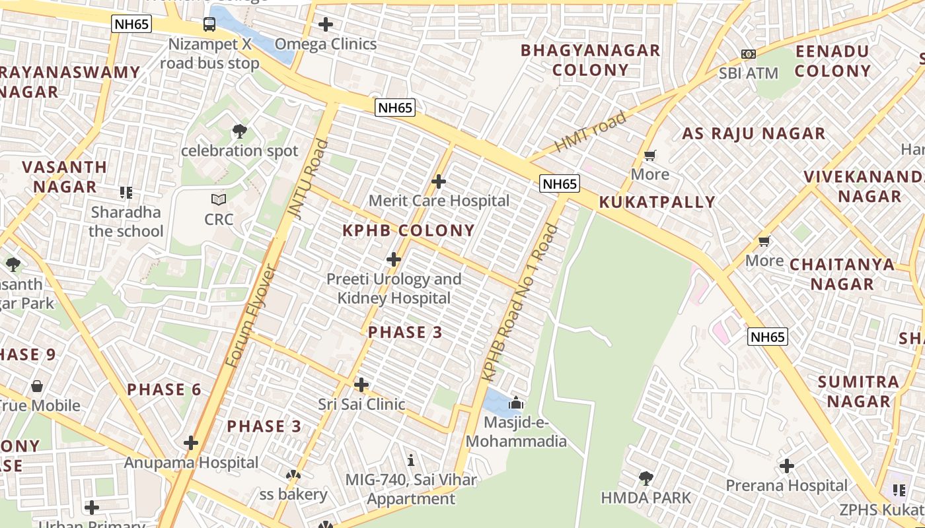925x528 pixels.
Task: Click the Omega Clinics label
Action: [x=325, y=44]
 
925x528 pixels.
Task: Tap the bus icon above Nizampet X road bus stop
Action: [x=209, y=24]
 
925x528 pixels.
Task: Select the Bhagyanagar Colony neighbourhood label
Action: [x=590, y=59]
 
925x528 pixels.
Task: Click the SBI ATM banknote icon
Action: [x=748, y=53]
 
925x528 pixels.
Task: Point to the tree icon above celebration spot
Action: [x=240, y=131]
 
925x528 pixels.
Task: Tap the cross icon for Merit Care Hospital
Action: [x=438, y=181]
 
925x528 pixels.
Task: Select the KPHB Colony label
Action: [x=408, y=230]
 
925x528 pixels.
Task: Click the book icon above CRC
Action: [x=219, y=199]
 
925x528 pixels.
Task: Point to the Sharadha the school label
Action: [x=126, y=221]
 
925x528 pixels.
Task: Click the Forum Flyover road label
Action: [x=250, y=317]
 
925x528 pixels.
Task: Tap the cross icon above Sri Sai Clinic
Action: [x=361, y=384]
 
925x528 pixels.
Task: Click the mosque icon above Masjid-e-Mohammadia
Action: [x=516, y=403]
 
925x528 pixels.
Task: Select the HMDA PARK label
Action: [x=646, y=498]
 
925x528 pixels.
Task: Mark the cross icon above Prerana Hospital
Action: [x=786, y=466]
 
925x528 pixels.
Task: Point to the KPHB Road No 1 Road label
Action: [x=520, y=304]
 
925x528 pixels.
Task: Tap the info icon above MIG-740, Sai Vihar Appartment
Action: [x=411, y=460]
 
